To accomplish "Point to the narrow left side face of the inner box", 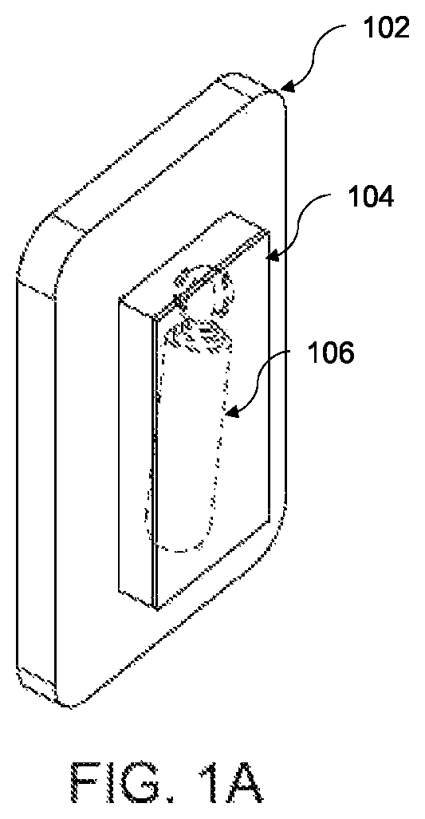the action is tap(137, 455).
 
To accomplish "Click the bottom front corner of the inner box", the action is tap(156, 609).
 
